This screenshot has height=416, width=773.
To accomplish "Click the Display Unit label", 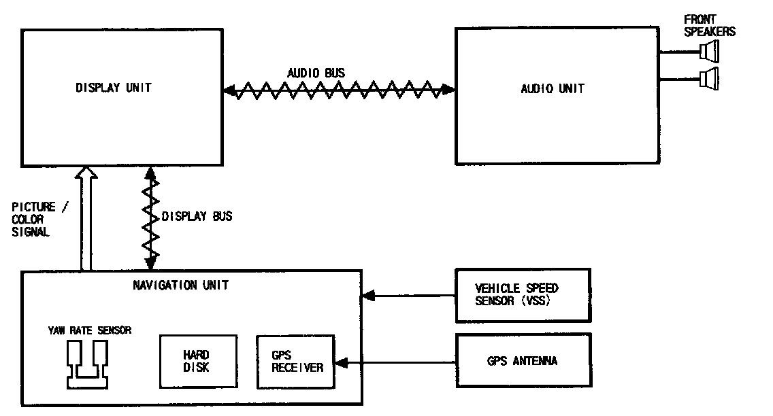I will [x=114, y=88].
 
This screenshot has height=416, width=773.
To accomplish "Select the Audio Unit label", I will [x=552, y=88].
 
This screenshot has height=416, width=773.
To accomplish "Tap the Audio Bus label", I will [x=315, y=72].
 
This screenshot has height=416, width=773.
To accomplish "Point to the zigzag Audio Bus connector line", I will [x=339, y=89].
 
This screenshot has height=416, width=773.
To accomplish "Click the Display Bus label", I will [x=197, y=217].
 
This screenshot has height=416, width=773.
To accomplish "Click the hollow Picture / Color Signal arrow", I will [x=86, y=218].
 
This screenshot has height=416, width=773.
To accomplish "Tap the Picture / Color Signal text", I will [x=39, y=219].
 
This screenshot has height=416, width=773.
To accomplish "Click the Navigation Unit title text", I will [x=180, y=285].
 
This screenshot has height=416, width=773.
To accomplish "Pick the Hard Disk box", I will [x=197, y=361].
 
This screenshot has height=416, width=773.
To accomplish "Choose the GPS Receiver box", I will [x=296, y=361].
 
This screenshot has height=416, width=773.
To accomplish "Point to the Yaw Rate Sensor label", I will [x=89, y=330].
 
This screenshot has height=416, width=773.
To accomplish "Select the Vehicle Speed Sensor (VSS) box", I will [x=523, y=295].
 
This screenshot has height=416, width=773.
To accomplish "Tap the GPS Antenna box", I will [x=523, y=361].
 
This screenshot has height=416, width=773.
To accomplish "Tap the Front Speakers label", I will [x=710, y=25].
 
